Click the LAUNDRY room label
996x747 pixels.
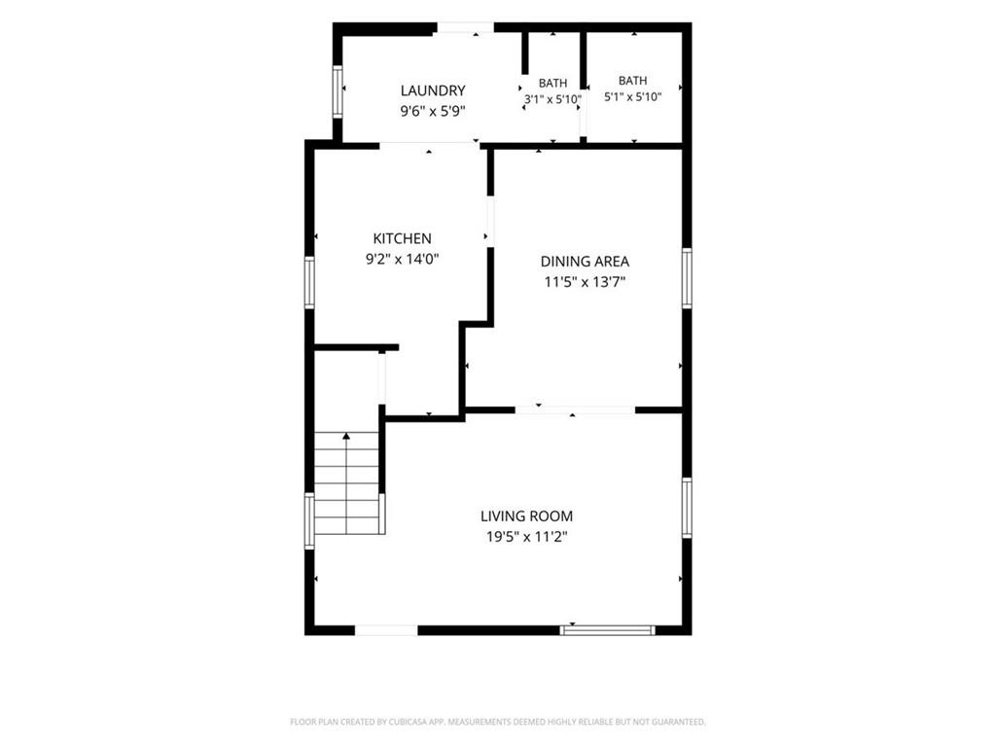point(433,90)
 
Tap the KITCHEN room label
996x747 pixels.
point(402,239)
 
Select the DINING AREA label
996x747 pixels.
point(585,261)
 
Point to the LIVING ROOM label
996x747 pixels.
point(526,516)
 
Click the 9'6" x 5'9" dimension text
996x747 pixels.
point(433,111)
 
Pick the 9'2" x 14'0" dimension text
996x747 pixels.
point(402,259)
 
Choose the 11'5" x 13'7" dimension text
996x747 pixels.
point(585,281)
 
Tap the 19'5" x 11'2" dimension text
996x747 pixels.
point(526,537)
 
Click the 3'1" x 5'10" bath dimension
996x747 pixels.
point(552,100)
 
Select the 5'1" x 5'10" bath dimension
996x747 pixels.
point(632,97)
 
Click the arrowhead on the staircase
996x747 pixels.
point(346,437)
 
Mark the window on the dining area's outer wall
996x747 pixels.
point(687,278)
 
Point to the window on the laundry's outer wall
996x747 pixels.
point(338,91)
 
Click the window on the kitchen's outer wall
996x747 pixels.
point(309,283)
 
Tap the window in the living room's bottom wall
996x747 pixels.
point(607,630)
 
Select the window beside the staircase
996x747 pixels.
point(309,521)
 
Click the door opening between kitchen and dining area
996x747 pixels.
point(490,222)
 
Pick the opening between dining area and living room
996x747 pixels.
point(575,410)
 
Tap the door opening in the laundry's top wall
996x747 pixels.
point(465,28)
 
